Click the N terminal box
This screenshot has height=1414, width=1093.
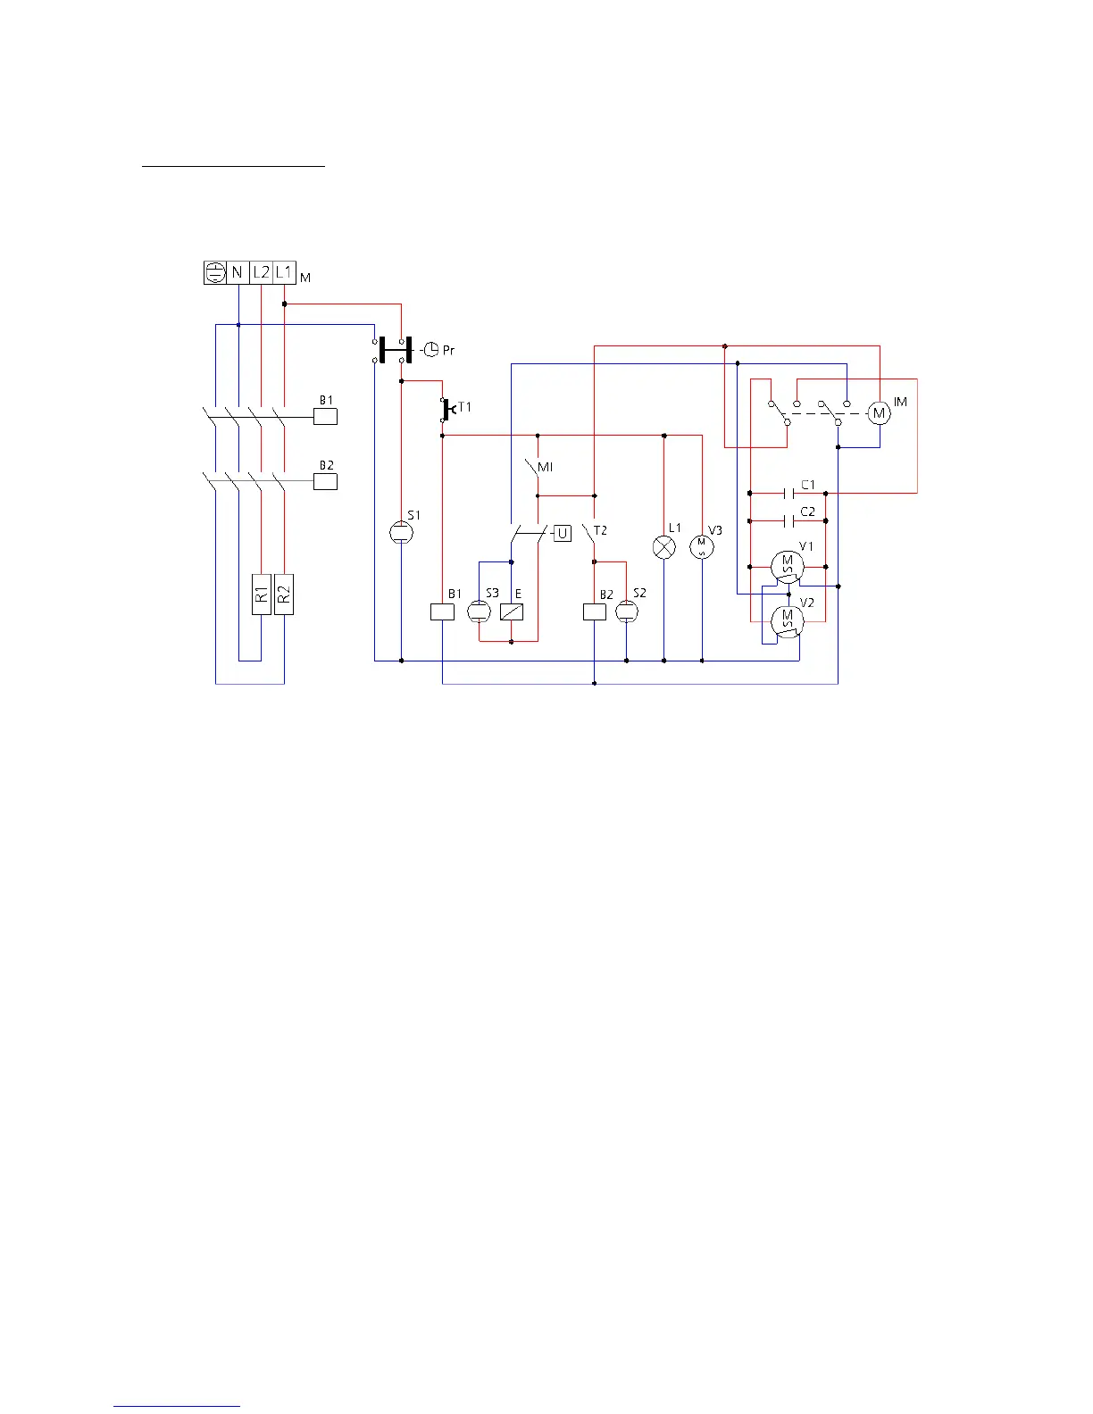click(238, 273)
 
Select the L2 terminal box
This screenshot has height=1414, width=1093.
click(261, 273)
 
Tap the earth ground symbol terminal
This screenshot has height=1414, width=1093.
click(215, 273)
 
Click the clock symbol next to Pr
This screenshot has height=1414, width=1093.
click(430, 349)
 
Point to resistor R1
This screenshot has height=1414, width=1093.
click(261, 594)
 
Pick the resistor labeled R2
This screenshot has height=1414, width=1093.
click(284, 594)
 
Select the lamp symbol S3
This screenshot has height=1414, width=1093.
click(480, 611)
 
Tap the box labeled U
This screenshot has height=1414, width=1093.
click(563, 534)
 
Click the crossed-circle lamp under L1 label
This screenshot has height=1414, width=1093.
click(664, 546)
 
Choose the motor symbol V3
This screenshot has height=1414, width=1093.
click(702, 546)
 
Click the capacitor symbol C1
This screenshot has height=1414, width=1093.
click(788, 493)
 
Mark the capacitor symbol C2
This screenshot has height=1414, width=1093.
click(788, 520)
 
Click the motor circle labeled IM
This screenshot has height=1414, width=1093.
click(880, 412)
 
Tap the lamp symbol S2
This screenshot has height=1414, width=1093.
click(627, 611)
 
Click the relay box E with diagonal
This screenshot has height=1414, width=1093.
click(512, 611)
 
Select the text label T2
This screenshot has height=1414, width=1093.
click(600, 530)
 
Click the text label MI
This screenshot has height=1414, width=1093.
click(545, 467)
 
